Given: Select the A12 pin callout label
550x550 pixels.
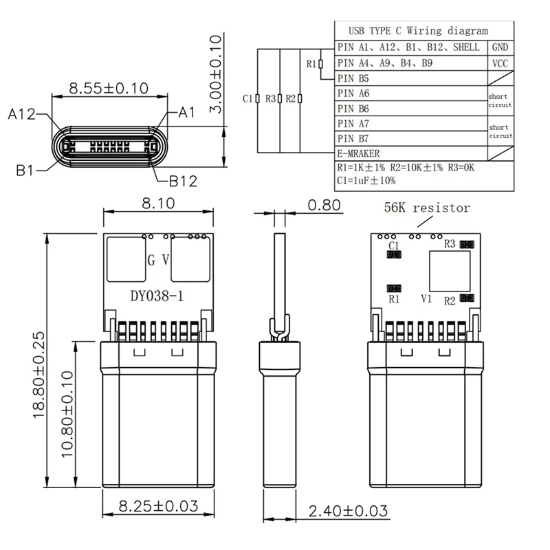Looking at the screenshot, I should tap(22, 115).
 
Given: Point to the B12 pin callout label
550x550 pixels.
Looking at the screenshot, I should tap(183, 181).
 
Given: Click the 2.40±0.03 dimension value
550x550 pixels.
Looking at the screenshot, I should tap(348, 511).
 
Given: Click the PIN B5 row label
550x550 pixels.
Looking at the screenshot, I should tap(354, 78).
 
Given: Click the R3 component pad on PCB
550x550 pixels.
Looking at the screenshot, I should tap(467, 244).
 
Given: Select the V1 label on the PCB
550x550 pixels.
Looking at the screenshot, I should tap(426, 299).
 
